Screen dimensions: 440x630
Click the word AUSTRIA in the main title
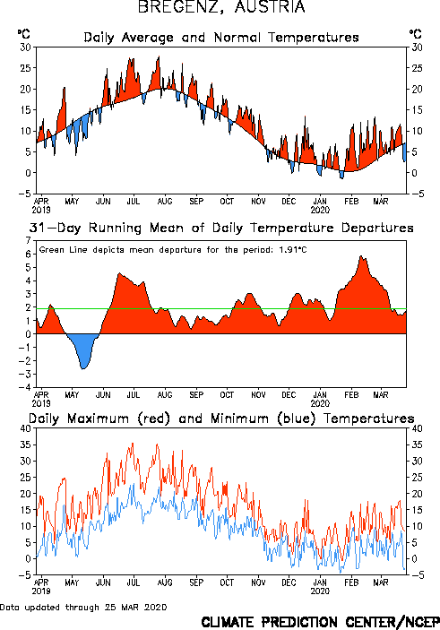(270, 7)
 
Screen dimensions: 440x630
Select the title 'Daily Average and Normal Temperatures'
(221, 38)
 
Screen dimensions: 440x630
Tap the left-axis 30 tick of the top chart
(26, 47)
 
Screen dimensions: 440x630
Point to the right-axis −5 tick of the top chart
(417, 194)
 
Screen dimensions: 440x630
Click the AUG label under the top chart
(164, 201)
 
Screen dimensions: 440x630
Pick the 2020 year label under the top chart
(320, 210)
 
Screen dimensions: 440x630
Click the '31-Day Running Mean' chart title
(221, 228)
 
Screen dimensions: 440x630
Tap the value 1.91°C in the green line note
(292, 250)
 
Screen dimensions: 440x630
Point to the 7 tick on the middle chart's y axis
(28, 241)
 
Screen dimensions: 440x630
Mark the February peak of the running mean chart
(361, 256)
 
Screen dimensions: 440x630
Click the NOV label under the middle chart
(258, 395)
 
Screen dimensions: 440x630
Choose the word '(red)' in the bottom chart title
(154, 419)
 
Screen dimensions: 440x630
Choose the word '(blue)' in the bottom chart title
(296, 419)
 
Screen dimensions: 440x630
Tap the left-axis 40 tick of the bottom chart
(26, 428)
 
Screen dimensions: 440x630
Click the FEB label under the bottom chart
(351, 583)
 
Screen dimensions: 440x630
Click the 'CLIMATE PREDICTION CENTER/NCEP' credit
(320, 622)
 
